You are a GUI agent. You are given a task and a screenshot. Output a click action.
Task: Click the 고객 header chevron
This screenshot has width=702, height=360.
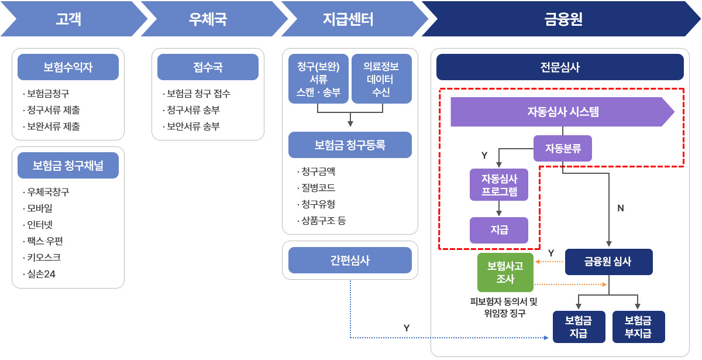(x=69, y=19)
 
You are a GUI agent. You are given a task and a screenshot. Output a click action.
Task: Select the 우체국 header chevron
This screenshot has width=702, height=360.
(x=208, y=19)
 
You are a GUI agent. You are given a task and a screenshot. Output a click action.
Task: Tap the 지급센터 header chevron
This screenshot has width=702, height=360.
(x=349, y=19)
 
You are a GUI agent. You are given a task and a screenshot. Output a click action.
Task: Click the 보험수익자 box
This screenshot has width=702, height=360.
(x=68, y=67)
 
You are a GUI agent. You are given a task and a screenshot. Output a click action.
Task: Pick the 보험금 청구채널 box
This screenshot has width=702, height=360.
(x=68, y=166)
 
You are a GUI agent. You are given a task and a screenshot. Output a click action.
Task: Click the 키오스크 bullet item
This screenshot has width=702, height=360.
(x=43, y=257)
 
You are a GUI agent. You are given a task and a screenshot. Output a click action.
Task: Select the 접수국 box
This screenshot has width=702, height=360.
(x=208, y=67)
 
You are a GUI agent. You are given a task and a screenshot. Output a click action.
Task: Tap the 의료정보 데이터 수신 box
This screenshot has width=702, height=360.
(x=381, y=79)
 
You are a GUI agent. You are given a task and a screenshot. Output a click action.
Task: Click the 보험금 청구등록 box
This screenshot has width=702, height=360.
(x=350, y=145)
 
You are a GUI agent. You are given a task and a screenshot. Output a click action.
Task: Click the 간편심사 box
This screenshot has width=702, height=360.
(x=350, y=260)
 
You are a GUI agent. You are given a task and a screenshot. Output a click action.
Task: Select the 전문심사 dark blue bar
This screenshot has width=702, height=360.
(x=560, y=67)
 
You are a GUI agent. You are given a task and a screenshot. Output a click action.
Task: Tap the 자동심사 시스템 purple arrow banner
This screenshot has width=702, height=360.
(x=562, y=112)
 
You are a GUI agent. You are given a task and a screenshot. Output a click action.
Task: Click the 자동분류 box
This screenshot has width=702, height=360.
(x=563, y=148)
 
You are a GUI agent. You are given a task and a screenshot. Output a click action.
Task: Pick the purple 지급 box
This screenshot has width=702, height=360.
(x=499, y=230)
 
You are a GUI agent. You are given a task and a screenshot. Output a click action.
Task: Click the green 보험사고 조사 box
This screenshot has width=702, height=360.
(x=505, y=272)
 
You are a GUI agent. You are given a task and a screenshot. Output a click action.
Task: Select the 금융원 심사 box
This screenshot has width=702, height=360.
(x=608, y=262)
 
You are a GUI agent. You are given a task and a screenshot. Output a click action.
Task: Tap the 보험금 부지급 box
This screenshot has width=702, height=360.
(x=638, y=327)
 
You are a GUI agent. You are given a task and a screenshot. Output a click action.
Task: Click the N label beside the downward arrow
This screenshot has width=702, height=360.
(x=621, y=208)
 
